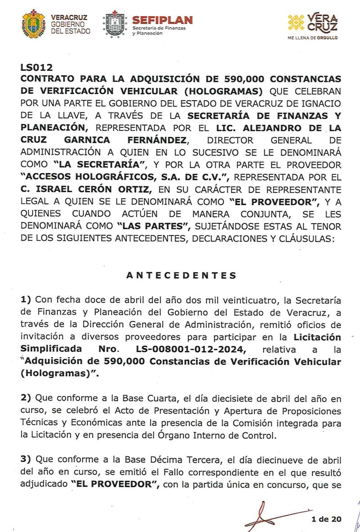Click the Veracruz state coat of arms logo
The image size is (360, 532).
pyautogui.click(x=33, y=23)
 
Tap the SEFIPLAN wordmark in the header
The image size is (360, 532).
pyautogui.click(x=162, y=20)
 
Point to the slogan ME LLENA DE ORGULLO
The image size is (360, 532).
pyautogui.click(x=312, y=38)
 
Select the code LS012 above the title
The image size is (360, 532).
pyautogui.click(x=36, y=68)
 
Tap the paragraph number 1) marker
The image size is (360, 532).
pyautogui.click(x=26, y=300)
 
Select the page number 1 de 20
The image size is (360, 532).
pyautogui.click(x=326, y=519)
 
